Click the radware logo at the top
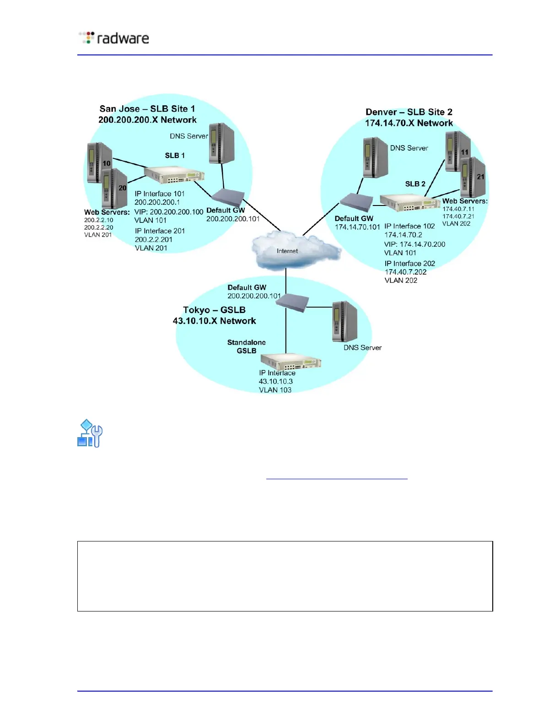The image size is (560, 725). (x=114, y=38)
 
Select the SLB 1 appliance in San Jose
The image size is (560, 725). (x=174, y=175)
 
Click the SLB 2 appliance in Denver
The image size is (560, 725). (x=409, y=202)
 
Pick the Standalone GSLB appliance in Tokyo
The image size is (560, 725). (x=291, y=362)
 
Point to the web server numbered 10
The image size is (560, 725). (x=98, y=162)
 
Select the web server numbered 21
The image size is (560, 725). (x=473, y=177)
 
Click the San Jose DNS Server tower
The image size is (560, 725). (x=221, y=143)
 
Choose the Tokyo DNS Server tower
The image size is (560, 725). (x=345, y=321)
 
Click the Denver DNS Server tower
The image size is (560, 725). (x=375, y=157)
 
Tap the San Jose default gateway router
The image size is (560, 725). (x=227, y=197)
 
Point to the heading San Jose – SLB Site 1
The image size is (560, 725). (x=147, y=109)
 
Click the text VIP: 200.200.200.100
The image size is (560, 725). (x=169, y=212)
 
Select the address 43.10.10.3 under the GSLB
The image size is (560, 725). (x=276, y=381)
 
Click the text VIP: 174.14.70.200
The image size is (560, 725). (x=415, y=244)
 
